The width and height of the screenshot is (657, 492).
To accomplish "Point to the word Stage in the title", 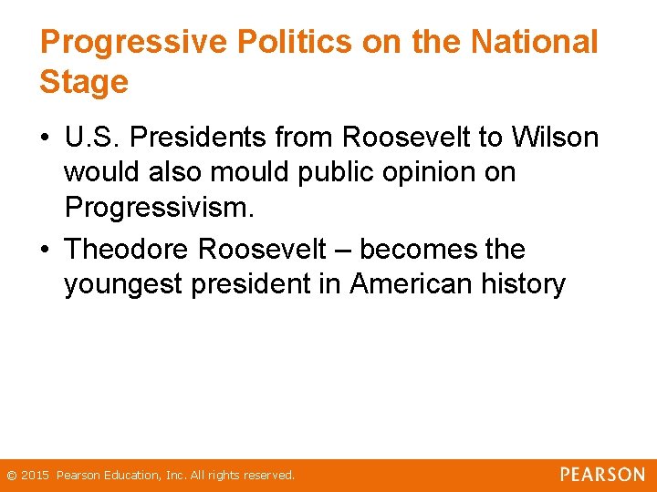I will (84, 82).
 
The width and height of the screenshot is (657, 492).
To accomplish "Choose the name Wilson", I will (555, 138).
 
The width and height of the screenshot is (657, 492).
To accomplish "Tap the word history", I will (526, 284).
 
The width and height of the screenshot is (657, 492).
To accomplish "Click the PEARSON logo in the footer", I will (602, 475).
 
